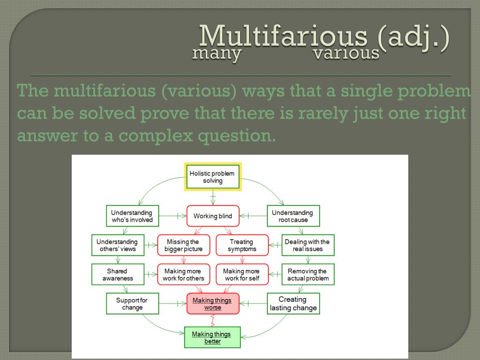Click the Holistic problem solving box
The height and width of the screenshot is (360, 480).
(212, 177)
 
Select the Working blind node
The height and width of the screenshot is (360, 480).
(213, 216)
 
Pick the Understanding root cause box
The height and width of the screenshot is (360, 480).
(293, 216)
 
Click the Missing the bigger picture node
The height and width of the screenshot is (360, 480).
(184, 245)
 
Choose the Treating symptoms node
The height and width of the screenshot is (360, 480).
(242, 245)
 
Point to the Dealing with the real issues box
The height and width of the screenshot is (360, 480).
(307, 245)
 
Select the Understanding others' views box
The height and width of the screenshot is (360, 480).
(118, 245)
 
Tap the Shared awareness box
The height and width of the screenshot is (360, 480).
(118, 275)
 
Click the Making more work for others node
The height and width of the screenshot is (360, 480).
(184, 275)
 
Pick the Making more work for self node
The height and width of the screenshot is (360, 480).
(242, 275)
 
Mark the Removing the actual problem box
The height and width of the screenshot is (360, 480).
(307, 275)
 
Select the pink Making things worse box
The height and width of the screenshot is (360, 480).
(213, 304)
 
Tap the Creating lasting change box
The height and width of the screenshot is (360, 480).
(293, 304)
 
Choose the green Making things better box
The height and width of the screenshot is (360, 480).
(212, 337)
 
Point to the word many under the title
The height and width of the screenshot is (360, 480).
(217, 53)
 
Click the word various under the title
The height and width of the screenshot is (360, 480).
(346, 53)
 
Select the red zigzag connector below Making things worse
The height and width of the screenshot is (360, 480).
(213, 321)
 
